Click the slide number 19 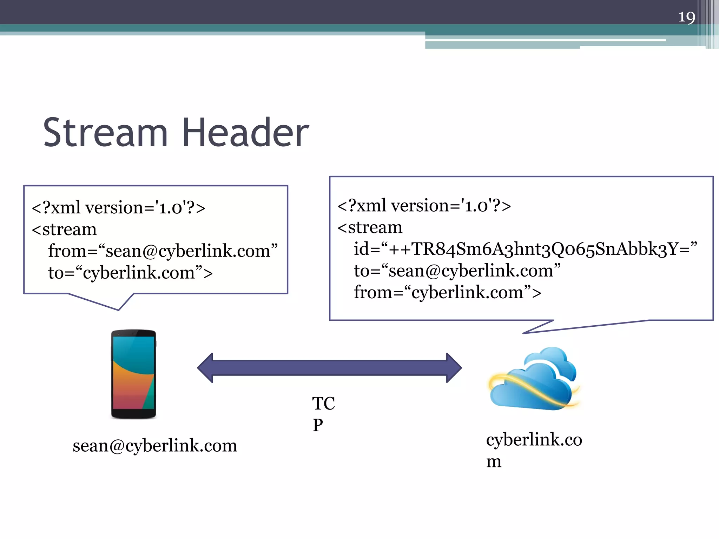coord(686,17)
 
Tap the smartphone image coord(133,374)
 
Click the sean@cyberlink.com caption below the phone coord(155,446)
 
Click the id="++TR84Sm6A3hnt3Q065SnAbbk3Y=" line coord(525,249)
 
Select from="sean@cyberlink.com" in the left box coord(163,251)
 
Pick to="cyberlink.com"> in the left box coord(130,273)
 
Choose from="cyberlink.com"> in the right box coord(447,292)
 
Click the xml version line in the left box coord(118,207)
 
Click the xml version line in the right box coord(424,205)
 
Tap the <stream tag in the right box coord(370,227)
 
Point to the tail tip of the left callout coord(118,310)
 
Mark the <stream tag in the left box coord(64,229)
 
